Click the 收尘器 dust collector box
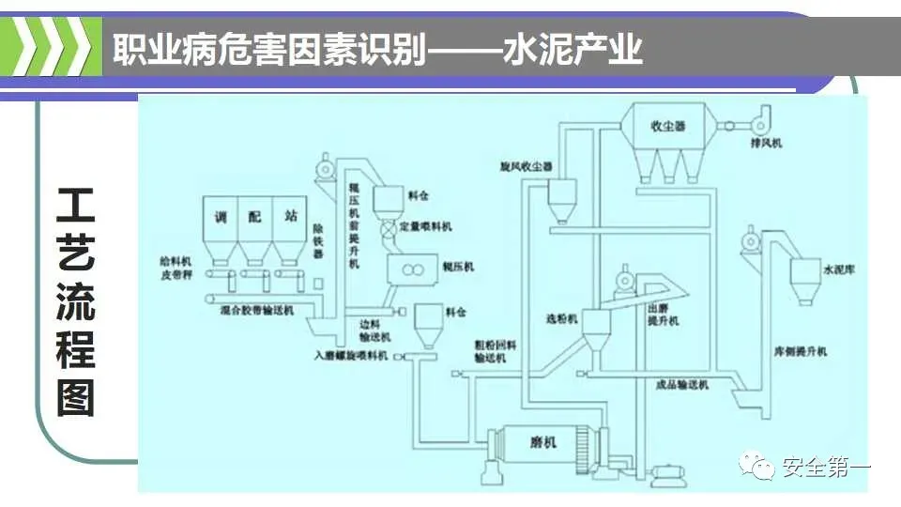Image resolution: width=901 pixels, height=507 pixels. coord(669,125)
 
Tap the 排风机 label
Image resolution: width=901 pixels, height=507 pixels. coord(766,144)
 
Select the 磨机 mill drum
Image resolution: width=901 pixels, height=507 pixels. coord(542,442)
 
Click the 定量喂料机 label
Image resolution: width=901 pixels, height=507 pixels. coord(426,226)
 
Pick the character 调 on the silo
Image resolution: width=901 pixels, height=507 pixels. coord(221,217)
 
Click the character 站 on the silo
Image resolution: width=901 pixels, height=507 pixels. coord(290,217)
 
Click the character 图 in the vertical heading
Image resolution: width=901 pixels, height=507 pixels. coord(76,397)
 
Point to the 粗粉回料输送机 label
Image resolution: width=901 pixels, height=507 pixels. coord(490,351)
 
